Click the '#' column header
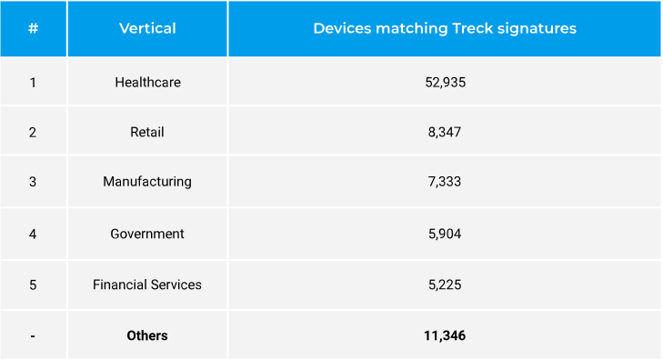(33, 28)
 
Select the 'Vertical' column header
(147, 28)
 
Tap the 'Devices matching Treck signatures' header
(445, 28)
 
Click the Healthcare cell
(147, 82)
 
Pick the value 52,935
(445, 82)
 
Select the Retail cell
(147, 132)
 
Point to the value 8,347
(445, 132)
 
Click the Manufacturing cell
(147, 181)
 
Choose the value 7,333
(445, 181)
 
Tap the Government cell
(147, 234)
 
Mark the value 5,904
(445, 234)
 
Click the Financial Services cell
(147, 285)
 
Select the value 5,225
(445, 285)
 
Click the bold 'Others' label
(147, 335)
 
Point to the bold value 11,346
(445, 335)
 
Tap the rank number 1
(33, 82)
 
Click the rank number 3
(33, 181)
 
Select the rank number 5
(33, 285)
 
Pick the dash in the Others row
(33, 336)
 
